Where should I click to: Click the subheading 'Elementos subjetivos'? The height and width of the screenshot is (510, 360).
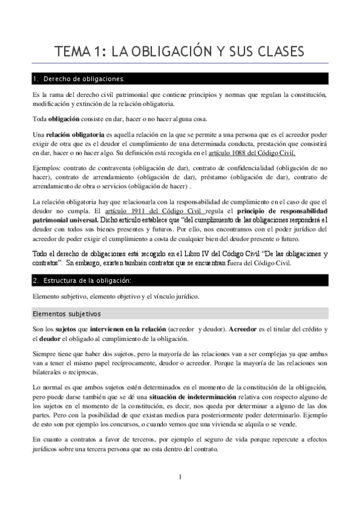(x=67, y=314)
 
